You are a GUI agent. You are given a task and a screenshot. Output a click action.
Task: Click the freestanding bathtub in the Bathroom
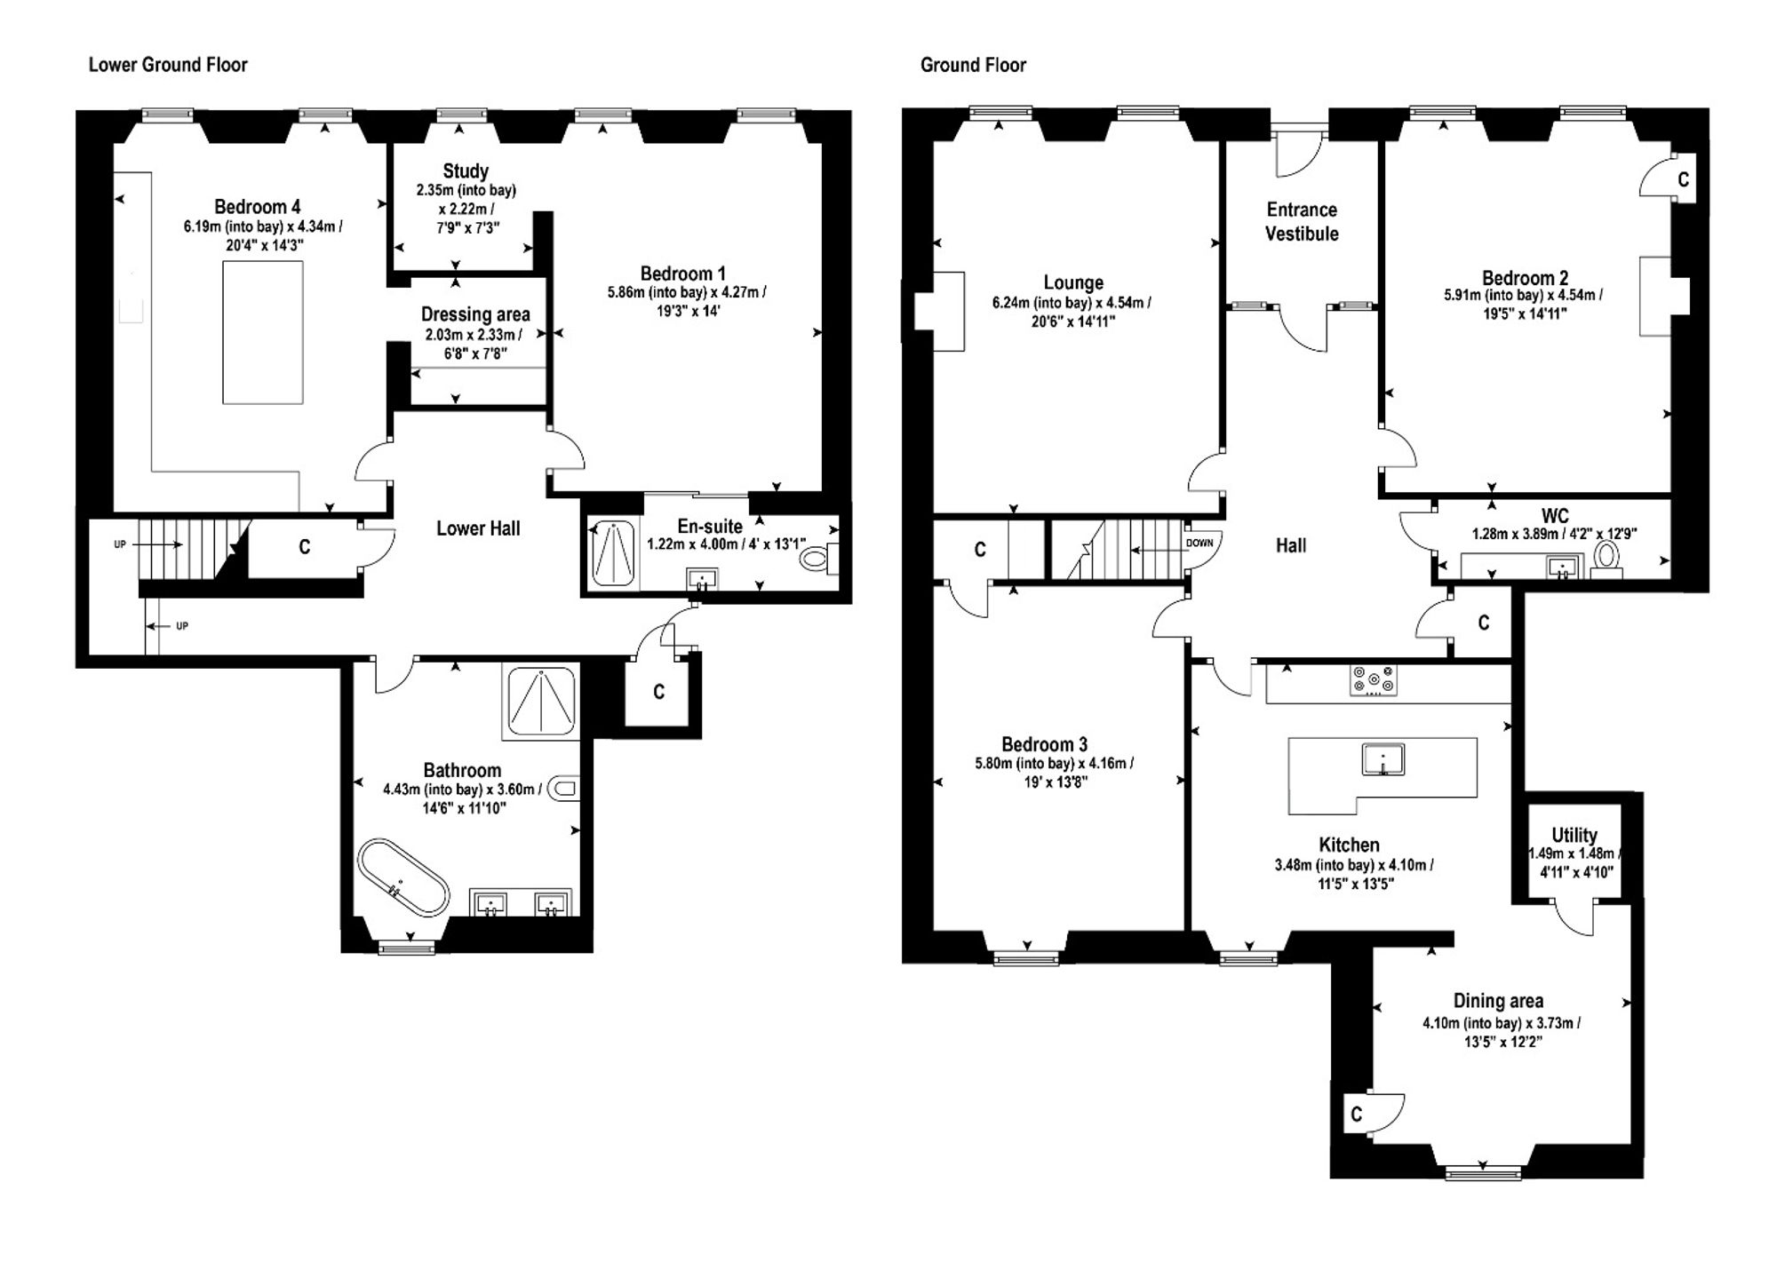(403, 877)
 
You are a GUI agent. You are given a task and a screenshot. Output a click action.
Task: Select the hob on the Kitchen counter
(1373, 681)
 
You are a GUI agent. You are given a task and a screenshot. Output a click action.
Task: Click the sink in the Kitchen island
(1383, 760)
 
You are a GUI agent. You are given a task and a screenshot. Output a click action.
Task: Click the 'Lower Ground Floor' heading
(168, 65)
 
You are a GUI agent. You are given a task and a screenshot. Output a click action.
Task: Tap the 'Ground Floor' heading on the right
(973, 65)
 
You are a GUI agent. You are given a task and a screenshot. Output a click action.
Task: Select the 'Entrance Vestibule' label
(1302, 222)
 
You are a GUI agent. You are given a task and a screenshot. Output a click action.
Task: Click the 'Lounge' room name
(1073, 282)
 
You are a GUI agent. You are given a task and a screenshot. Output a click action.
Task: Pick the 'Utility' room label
(1574, 835)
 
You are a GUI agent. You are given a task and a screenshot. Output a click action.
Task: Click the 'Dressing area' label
(475, 314)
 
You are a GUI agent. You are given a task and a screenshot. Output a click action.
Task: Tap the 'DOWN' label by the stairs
(1199, 543)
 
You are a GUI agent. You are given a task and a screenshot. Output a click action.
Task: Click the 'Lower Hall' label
(478, 528)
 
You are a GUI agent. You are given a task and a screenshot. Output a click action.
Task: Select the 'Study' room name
(466, 171)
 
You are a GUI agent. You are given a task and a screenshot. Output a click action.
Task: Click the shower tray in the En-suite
(612, 554)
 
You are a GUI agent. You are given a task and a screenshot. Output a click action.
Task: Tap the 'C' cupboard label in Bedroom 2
(1683, 180)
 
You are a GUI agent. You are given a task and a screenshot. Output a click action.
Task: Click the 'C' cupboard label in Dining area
(1356, 1115)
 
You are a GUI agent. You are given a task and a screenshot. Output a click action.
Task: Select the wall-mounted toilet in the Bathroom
(564, 788)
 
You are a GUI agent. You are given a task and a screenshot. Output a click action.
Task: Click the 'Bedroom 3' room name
(1044, 744)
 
